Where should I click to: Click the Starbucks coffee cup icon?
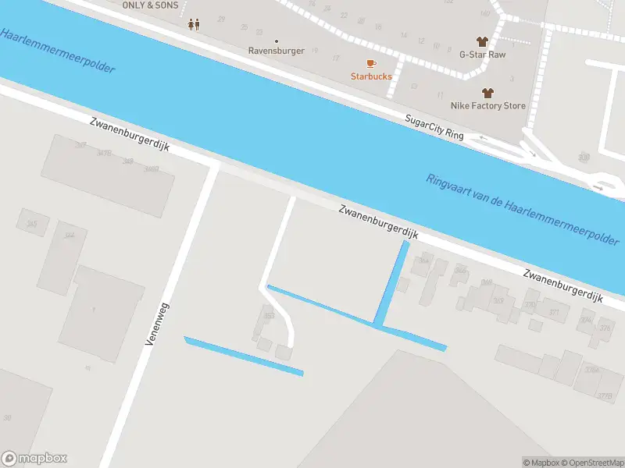371,63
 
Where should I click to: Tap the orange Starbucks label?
371,76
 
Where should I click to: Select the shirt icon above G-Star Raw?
482,41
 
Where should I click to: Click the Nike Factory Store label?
488,105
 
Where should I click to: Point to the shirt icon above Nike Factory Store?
488,92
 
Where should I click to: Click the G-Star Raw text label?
482,55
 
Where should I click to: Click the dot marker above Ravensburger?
276,41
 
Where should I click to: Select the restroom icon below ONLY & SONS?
194,24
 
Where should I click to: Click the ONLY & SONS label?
150,5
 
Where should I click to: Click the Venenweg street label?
157,321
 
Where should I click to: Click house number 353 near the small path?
270,316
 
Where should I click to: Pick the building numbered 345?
31,224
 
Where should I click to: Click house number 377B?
604,396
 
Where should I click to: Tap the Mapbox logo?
34,459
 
